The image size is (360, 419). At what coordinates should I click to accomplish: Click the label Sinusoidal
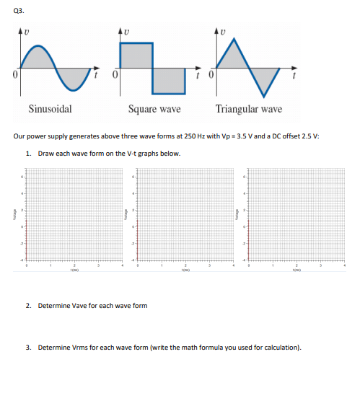[x=49, y=110]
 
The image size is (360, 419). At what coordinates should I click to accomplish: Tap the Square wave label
[x=154, y=110]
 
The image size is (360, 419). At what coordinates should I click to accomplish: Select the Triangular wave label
[x=248, y=110]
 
